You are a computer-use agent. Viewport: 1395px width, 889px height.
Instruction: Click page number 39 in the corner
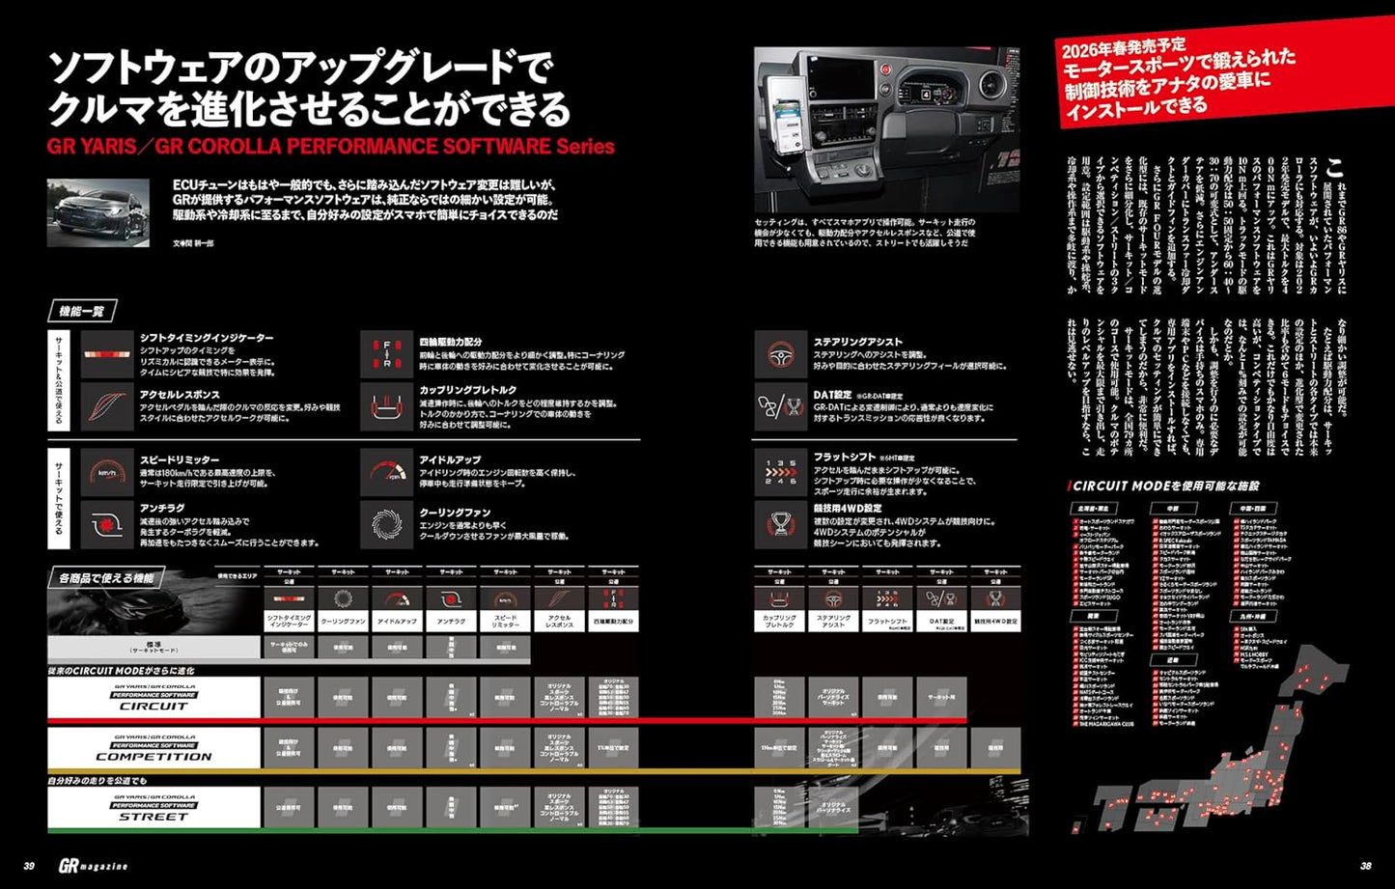point(29,866)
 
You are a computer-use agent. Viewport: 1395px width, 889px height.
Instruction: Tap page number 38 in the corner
point(1365,866)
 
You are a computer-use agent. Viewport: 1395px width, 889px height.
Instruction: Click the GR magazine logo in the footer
point(93,866)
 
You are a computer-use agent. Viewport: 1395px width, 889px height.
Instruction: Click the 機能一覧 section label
point(82,311)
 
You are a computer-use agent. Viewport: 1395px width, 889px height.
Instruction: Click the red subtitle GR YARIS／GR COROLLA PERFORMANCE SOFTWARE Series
point(330,147)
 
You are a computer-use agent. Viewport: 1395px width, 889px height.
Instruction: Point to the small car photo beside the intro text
point(98,212)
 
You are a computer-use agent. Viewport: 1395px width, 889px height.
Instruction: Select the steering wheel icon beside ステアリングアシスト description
point(780,355)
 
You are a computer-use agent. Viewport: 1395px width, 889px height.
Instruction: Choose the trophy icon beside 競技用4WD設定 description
point(780,522)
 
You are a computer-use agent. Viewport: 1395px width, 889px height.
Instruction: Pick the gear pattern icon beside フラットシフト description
point(780,472)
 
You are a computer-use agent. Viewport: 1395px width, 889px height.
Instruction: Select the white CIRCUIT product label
point(153,697)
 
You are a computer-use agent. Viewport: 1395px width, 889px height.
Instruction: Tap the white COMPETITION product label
point(153,748)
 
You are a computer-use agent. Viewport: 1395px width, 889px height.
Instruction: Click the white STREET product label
point(153,808)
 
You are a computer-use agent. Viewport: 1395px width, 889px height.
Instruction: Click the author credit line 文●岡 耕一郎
point(193,243)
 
